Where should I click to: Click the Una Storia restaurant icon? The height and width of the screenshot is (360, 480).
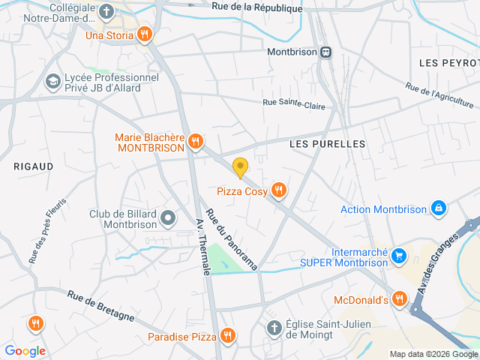(145, 34)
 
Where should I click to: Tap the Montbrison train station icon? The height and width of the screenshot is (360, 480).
(325, 52)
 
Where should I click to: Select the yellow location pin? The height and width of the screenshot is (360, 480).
(240, 168)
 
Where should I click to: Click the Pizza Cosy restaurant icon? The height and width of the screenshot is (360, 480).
(279, 190)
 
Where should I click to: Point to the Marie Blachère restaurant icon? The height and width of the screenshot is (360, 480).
(196, 141)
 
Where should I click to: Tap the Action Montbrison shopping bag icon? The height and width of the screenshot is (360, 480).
(439, 208)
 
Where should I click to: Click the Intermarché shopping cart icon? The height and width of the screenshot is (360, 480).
(400, 256)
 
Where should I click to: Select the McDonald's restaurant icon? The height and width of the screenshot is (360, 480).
(400, 299)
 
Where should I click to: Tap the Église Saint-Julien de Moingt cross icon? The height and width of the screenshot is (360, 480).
(274, 328)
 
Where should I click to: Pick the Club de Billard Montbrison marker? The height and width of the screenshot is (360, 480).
(169, 218)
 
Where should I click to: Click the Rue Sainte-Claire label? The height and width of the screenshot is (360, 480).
(293, 105)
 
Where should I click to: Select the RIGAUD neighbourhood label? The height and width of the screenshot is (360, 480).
(34, 166)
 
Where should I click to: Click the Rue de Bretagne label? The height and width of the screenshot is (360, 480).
(100, 306)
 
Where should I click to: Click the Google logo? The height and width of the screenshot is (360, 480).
(25, 350)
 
